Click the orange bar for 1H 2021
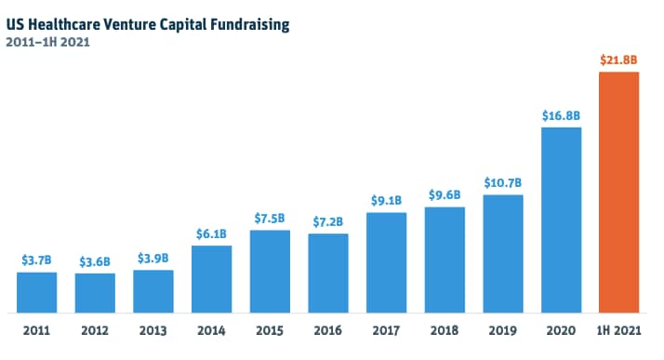tap(618, 192)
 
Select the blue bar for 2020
tap(561, 220)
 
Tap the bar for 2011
tap(36, 292)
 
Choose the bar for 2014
tap(211, 279)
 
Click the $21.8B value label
tap(618, 60)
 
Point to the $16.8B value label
tap(561, 115)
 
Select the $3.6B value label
tap(95, 261)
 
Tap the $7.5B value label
tap(270, 219)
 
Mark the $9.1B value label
tap(386, 201)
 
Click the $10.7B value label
tap(503, 183)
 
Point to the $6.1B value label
tap(211, 234)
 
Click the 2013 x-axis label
tap(153, 329)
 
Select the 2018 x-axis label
tap(445, 329)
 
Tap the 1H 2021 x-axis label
tap(618, 329)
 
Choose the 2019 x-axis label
tap(503, 329)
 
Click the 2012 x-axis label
tap(95, 329)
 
